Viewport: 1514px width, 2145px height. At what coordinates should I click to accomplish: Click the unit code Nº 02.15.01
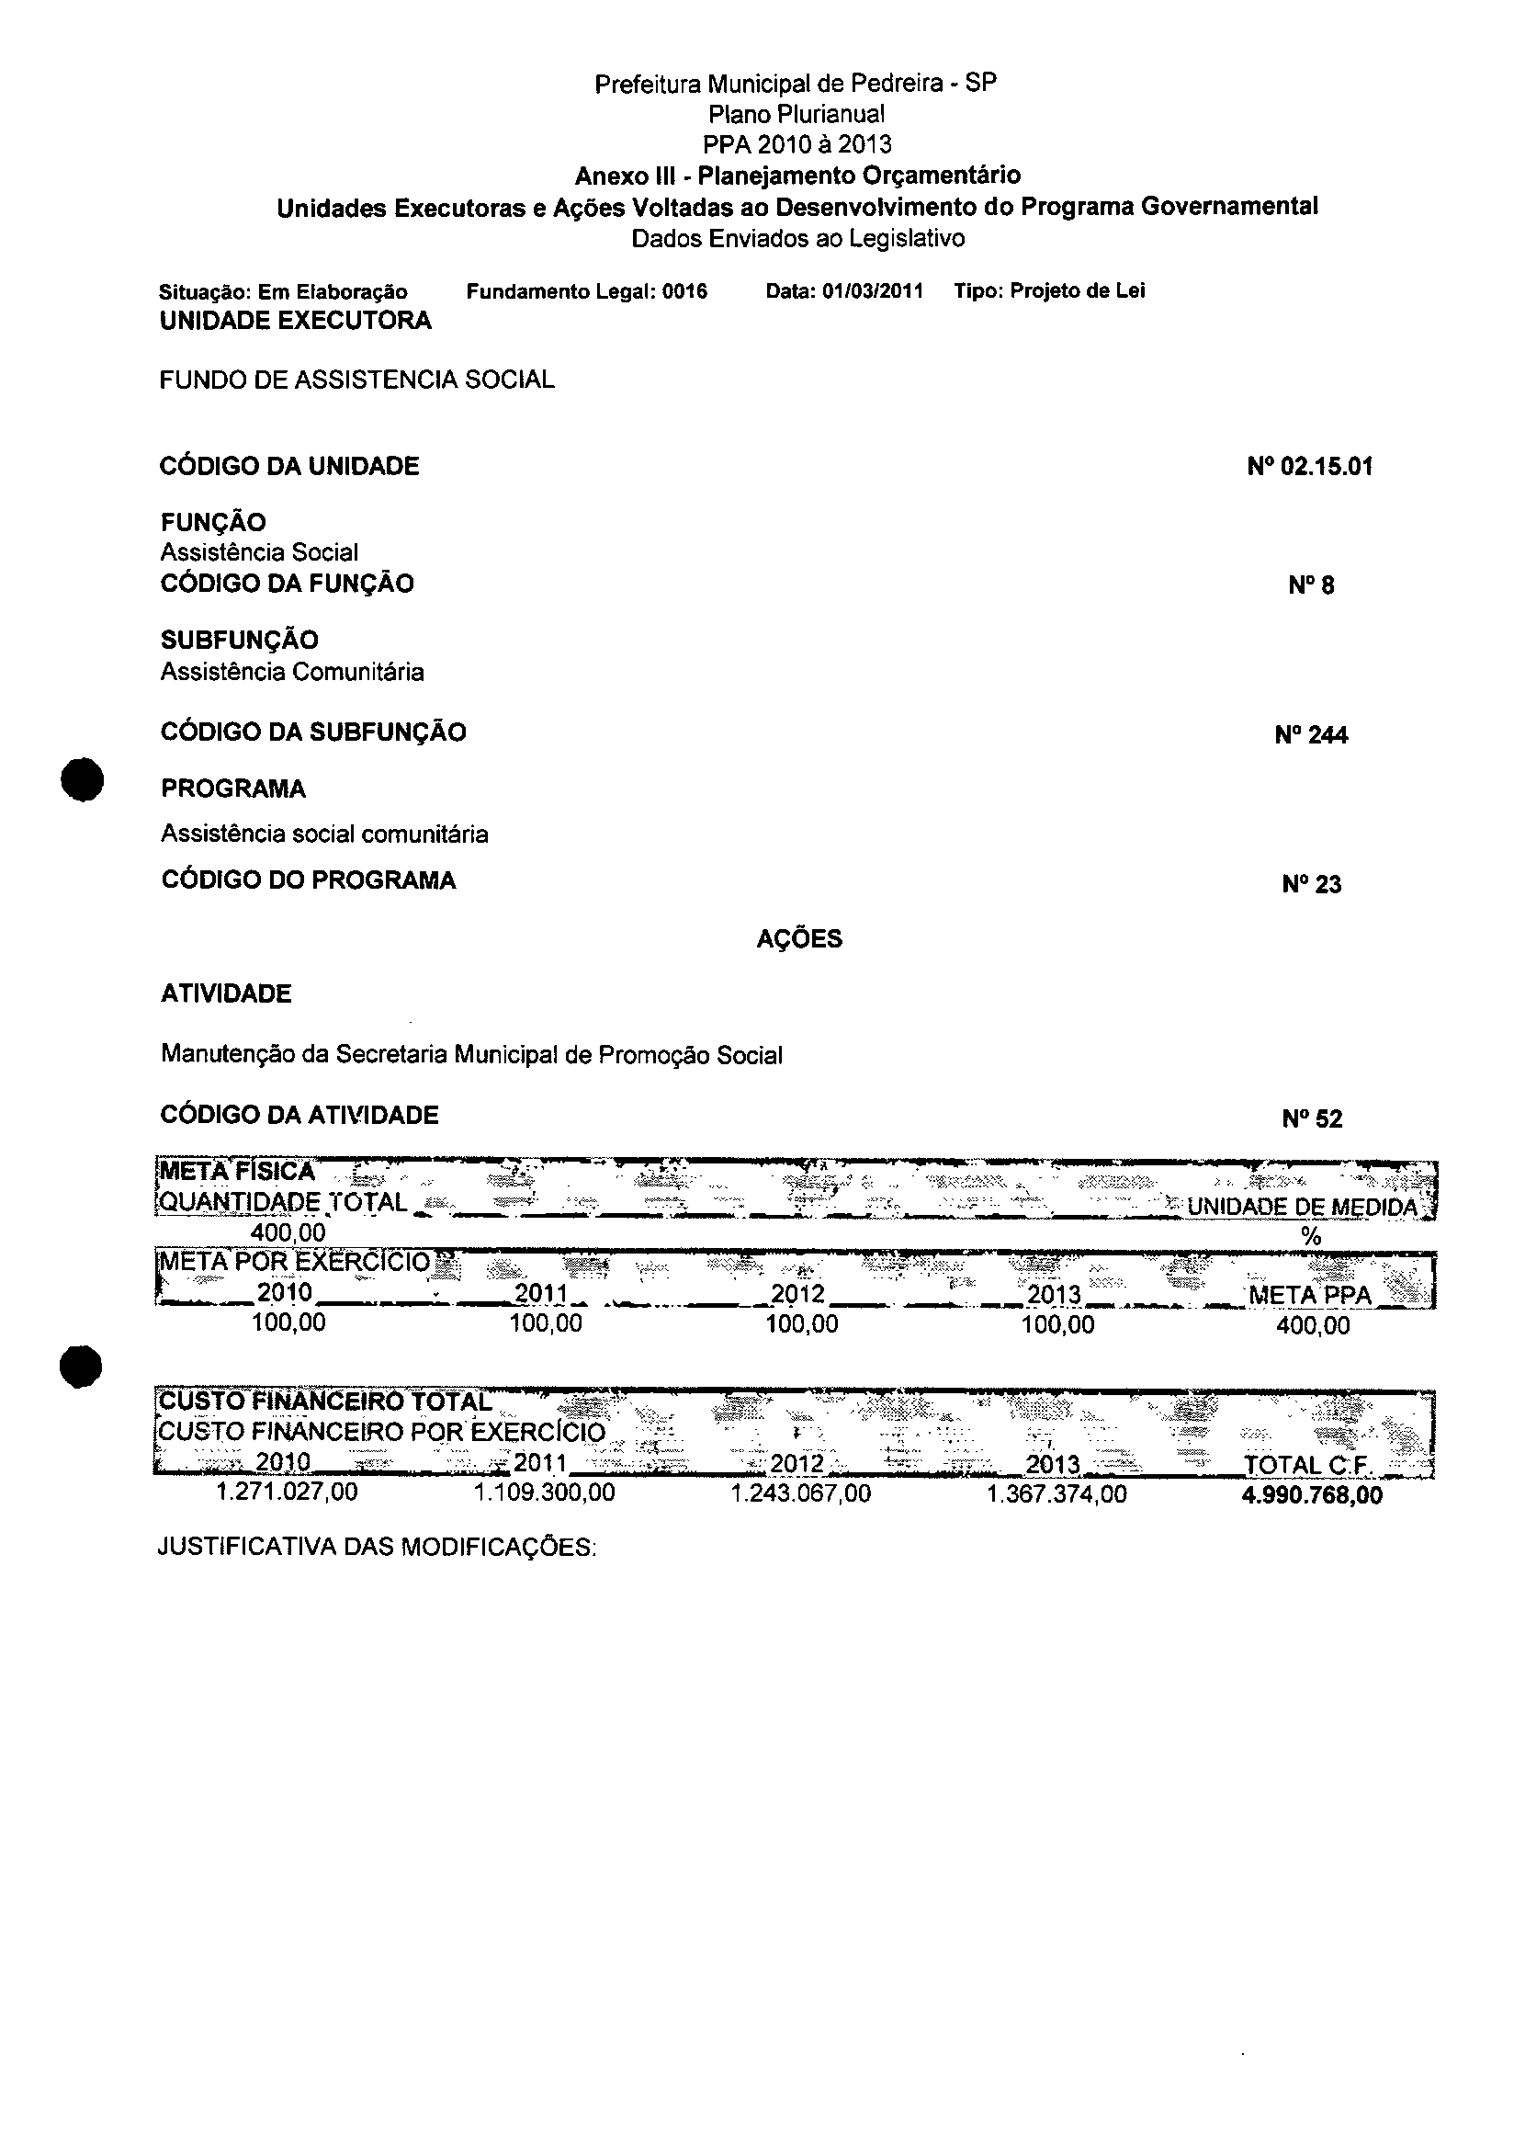click(x=1309, y=466)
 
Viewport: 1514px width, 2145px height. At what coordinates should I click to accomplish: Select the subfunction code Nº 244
click(x=1310, y=735)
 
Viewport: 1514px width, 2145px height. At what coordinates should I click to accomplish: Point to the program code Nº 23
click(x=1311, y=884)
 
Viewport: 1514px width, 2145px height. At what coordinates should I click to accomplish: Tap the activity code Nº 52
click(x=1311, y=1118)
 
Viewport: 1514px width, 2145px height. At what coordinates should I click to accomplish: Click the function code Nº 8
click(x=1311, y=585)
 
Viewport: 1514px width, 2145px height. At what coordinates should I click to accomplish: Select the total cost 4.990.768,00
click(x=1311, y=1495)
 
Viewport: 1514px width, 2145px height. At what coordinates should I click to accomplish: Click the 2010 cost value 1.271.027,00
click(x=287, y=1492)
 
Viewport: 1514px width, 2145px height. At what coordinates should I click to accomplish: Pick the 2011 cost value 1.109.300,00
click(x=545, y=1492)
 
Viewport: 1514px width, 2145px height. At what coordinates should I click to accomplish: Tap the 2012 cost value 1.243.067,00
click(x=800, y=1492)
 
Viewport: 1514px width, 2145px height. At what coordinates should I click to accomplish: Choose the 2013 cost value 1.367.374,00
click(x=1056, y=1493)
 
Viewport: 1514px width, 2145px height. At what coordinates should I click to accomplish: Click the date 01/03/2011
click(x=873, y=291)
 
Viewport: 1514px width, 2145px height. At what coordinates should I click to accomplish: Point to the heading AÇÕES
click(x=798, y=939)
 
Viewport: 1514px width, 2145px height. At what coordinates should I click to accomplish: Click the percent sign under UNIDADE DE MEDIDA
click(x=1311, y=1236)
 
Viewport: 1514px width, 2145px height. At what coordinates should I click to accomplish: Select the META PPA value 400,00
click(x=1312, y=1325)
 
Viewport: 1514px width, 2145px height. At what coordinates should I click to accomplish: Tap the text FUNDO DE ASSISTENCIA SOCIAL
click(x=356, y=380)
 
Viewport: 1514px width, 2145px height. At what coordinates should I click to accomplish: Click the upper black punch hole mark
click(x=81, y=778)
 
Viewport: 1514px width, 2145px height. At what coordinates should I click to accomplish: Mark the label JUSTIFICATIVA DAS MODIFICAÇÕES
click(x=377, y=1548)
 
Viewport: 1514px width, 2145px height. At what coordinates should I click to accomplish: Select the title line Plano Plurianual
click(x=796, y=114)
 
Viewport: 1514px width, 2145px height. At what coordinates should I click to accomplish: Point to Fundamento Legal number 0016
click(x=684, y=291)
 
